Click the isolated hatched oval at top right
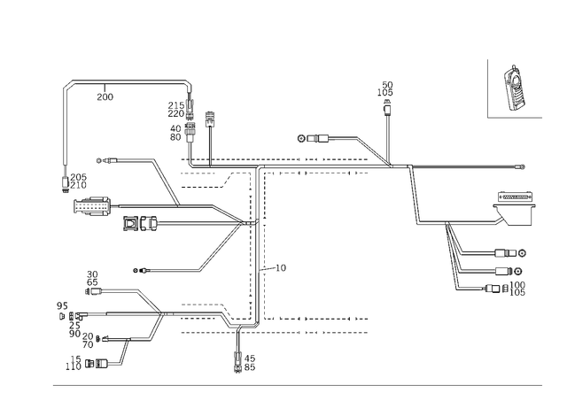click(x=514, y=87)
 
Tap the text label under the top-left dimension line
click(x=105, y=96)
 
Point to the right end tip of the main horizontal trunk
click(x=524, y=166)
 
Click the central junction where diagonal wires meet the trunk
click(x=252, y=219)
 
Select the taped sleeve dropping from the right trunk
click(x=414, y=197)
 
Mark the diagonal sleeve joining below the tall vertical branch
click(x=372, y=150)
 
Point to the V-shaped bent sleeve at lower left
click(x=156, y=314)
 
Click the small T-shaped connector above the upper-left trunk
click(x=210, y=115)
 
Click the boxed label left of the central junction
click(x=140, y=224)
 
